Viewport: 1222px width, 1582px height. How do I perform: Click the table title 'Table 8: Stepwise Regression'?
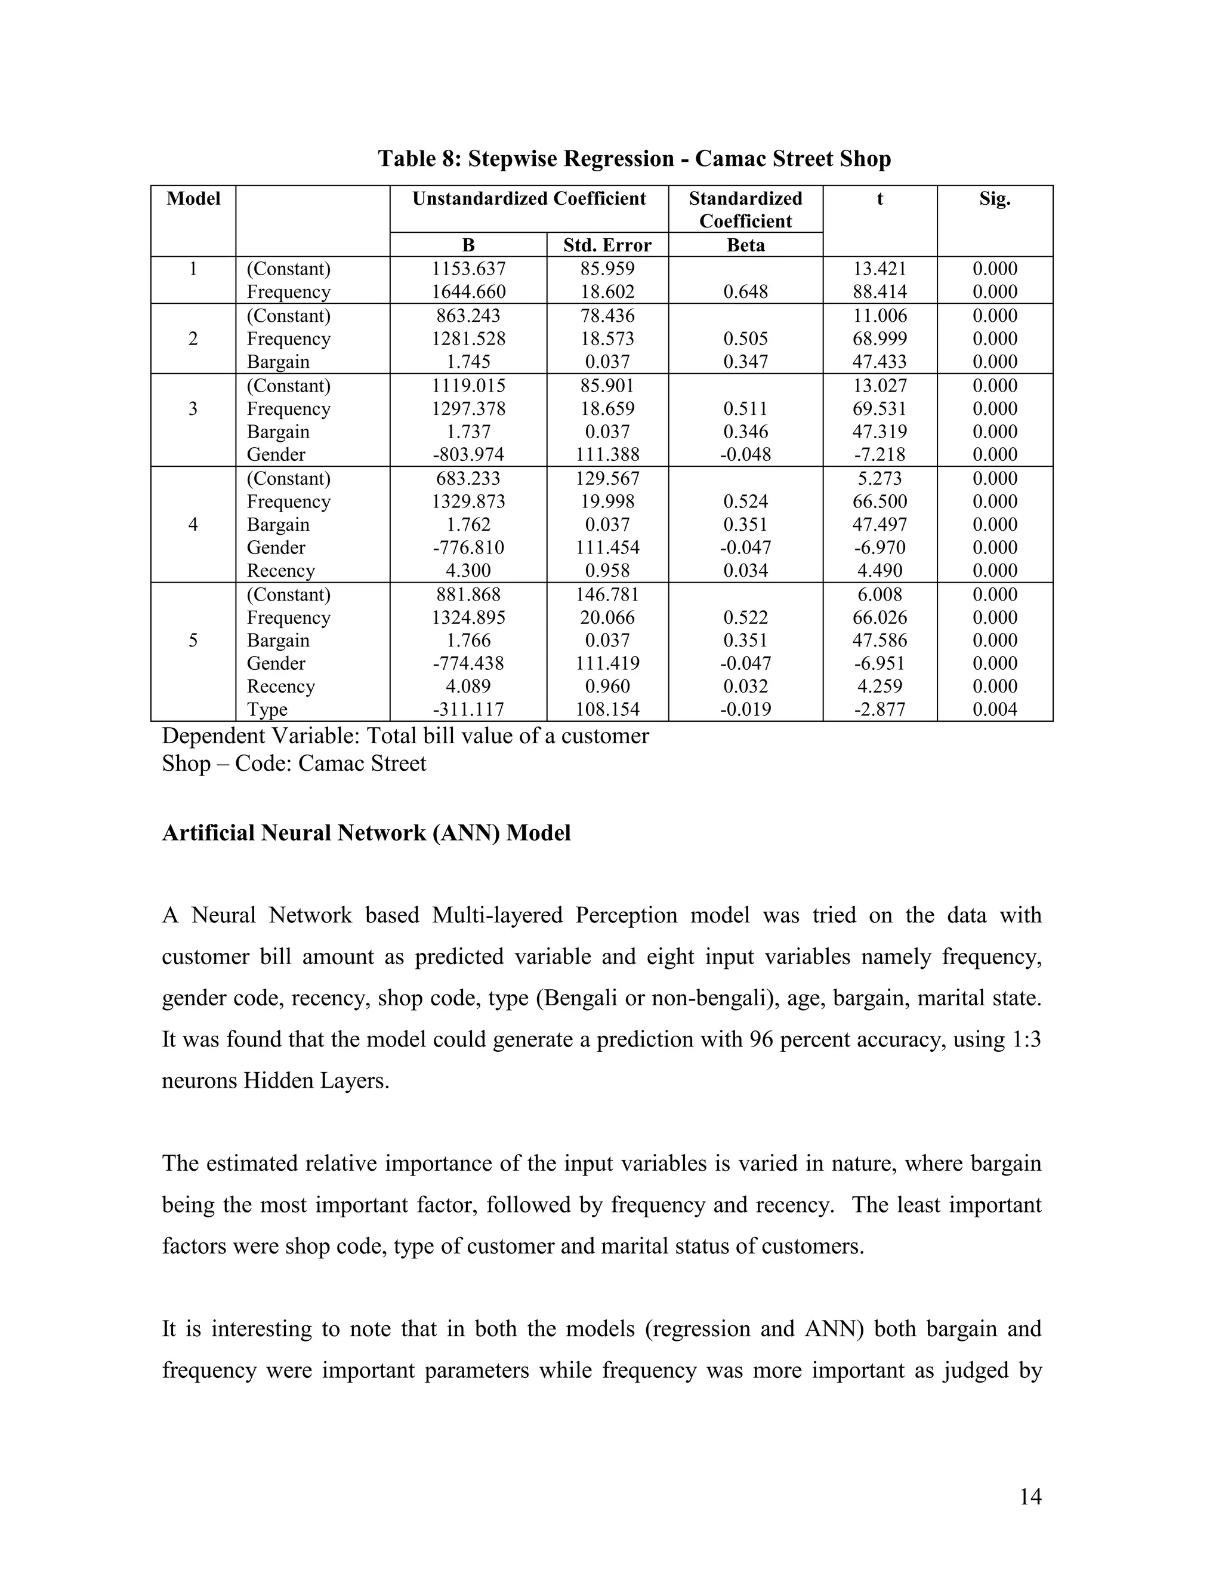[634, 159]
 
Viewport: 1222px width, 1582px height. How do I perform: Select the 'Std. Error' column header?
[607, 245]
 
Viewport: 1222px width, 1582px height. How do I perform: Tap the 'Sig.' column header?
[994, 198]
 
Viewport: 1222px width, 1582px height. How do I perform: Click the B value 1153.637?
[468, 269]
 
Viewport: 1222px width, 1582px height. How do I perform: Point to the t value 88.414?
[879, 292]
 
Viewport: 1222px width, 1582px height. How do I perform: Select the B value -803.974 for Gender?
[468, 454]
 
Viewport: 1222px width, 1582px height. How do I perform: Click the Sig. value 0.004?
[994, 709]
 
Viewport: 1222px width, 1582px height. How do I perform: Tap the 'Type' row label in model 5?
[267, 709]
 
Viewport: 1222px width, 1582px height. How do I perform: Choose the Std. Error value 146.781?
[607, 594]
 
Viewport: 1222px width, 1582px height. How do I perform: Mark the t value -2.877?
[879, 709]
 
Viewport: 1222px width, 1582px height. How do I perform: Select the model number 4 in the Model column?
[193, 524]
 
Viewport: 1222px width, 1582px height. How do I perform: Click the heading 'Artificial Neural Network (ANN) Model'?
[366, 833]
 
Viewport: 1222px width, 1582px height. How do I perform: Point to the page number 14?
[1029, 1497]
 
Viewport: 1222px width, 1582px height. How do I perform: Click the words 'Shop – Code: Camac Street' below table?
[294, 764]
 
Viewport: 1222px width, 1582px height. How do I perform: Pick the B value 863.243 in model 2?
[468, 316]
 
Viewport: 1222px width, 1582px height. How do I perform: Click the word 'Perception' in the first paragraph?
[626, 916]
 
